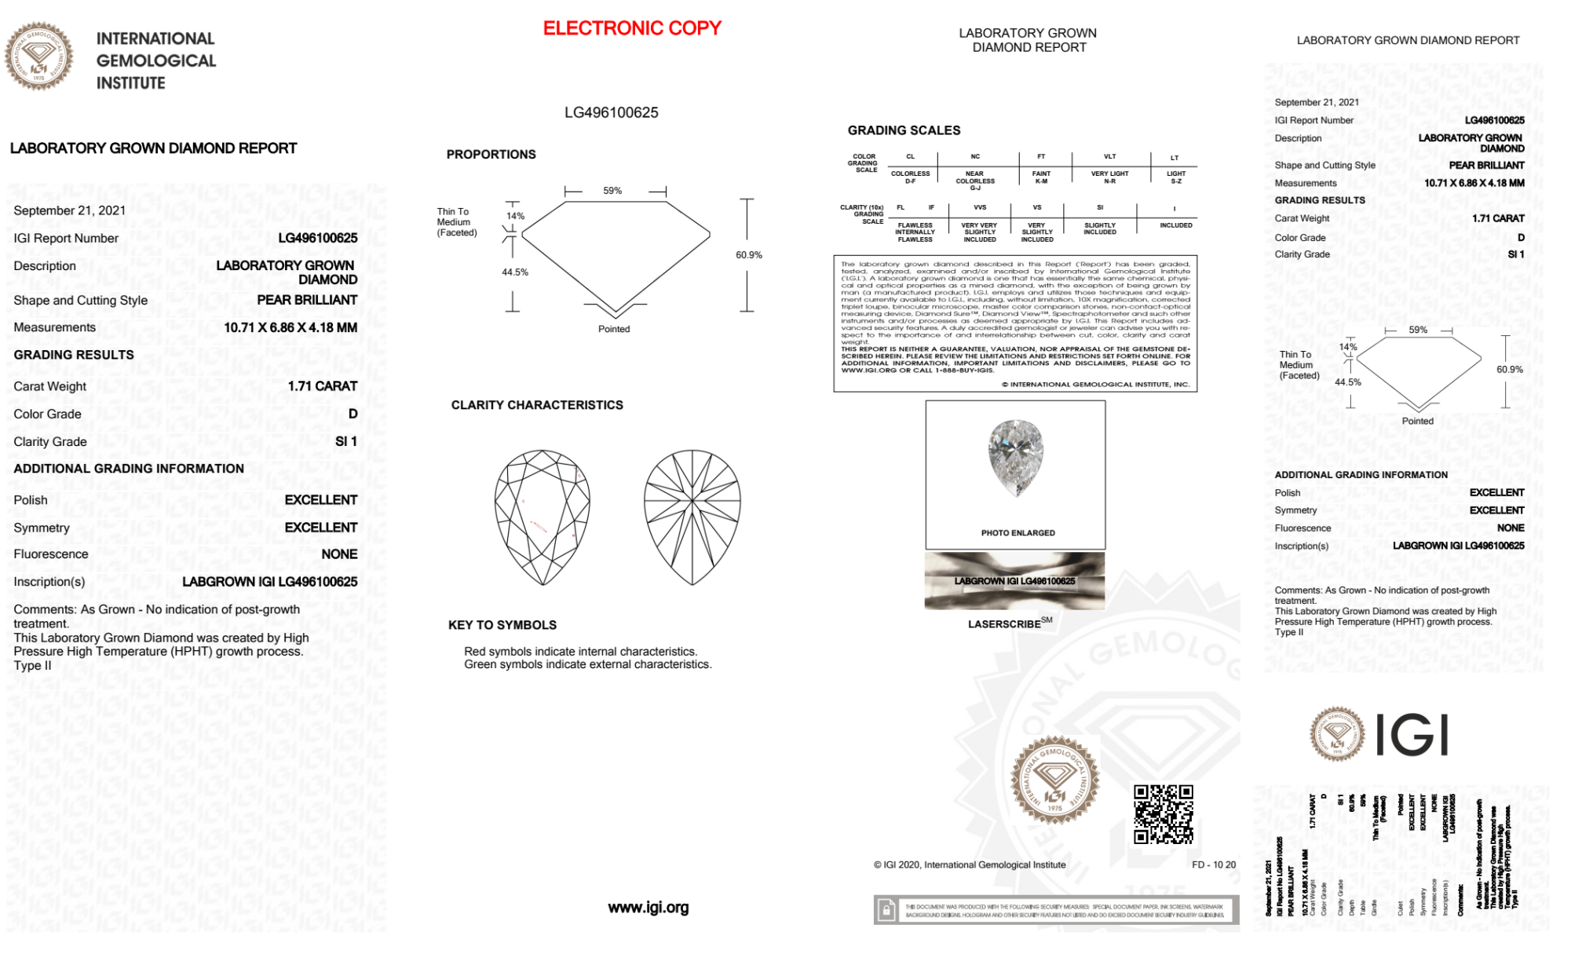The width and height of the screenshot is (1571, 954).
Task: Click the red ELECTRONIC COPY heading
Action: (632, 28)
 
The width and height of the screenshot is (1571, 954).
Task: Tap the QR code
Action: (1163, 813)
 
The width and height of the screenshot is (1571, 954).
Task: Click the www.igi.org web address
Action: (648, 908)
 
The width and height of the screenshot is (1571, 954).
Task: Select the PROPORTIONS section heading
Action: (491, 155)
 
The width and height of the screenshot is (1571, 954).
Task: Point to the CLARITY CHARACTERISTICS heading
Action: (537, 405)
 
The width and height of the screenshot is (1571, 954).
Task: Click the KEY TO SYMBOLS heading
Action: (502, 625)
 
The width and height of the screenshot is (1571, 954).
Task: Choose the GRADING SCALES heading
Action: (904, 130)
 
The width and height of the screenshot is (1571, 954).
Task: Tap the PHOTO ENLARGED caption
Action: (1017, 533)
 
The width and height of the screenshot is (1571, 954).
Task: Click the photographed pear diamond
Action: (1016, 458)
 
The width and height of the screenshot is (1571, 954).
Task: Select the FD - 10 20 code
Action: (1213, 865)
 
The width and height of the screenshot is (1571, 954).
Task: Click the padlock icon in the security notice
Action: (886, 911)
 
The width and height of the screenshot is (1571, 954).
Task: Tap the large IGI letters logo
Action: (1412, 736)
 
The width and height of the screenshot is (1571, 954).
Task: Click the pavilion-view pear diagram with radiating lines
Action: (692, 517)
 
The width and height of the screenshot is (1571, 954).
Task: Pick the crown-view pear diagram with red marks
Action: (543, 517)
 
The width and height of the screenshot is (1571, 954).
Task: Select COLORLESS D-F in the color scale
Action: (910, 177)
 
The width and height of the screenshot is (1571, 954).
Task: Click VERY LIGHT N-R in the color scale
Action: (1109, 177)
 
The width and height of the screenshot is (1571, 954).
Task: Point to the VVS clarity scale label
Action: (980, 208)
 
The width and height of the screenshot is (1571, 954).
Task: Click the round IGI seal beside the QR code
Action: (1054, 780)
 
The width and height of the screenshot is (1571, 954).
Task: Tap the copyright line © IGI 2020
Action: (970, 865)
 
